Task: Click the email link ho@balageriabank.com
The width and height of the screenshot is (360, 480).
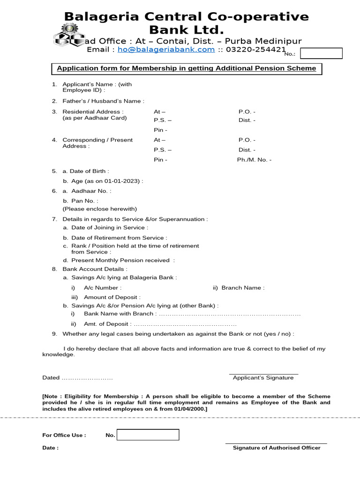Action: tap(166, 50)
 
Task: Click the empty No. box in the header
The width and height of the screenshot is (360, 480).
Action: tap(321, 53)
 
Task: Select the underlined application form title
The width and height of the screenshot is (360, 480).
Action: tap(186, 68)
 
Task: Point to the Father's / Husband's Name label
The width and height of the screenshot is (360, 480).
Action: tap(103, 101)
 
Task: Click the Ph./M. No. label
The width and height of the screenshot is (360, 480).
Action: tap(254, 160)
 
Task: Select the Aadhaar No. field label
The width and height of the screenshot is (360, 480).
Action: tap(91, 191)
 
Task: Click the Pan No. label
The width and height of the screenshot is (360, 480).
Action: tap(84, 201)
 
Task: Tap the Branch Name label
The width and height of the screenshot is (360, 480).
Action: tap(243, 288)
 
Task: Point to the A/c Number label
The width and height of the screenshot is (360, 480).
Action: tap(102, 288)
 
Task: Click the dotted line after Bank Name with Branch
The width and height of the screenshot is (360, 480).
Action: tap(230, 314)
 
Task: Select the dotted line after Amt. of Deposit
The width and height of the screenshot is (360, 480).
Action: tap(185, 324)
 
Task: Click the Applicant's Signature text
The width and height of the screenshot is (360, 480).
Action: tap(263, 378)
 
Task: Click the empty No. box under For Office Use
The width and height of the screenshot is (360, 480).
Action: tap(148, 435)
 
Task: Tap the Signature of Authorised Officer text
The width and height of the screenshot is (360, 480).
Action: tap(277, 448)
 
